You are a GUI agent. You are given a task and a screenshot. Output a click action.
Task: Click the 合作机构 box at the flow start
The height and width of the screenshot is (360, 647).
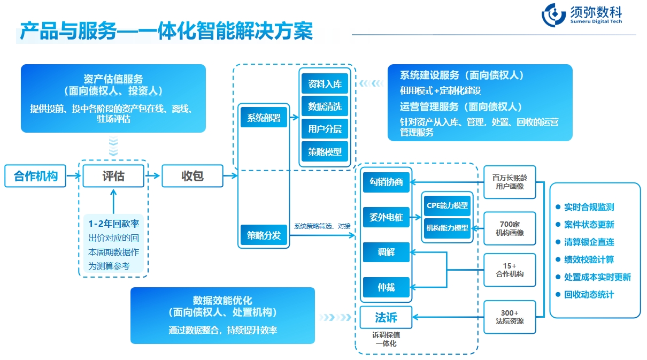coord(35,175)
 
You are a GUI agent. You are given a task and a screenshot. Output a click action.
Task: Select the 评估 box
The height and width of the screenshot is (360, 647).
coord(113,175)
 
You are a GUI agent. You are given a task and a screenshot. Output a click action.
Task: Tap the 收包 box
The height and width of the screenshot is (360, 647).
coord(192,175)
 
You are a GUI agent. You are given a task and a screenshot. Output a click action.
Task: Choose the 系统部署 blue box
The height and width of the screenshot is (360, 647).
coord(264,118)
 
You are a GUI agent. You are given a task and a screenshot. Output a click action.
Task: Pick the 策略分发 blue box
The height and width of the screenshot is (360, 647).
coord(264,234)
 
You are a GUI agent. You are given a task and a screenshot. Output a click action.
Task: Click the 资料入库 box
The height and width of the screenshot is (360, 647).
coord(325,84)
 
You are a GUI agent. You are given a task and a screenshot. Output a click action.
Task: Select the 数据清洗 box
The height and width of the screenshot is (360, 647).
coord(325,106)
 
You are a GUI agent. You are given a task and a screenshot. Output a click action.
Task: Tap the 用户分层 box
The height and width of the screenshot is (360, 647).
coord(325,129)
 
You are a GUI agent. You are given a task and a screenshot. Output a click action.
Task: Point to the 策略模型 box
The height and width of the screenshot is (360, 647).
coord(325,151)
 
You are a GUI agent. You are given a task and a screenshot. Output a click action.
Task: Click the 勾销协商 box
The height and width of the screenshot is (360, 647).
coord(386,182)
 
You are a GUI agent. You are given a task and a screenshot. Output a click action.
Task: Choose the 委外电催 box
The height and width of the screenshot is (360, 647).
coord(386,217)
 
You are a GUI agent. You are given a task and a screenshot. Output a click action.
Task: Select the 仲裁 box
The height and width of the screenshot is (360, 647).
coord(386,287)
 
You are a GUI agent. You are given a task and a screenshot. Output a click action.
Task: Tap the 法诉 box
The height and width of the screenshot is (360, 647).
coord(386,318)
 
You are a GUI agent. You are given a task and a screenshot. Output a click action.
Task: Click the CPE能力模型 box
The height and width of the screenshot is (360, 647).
coord(447,205)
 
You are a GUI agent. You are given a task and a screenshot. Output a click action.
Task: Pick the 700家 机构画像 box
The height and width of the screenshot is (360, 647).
coord(510,228)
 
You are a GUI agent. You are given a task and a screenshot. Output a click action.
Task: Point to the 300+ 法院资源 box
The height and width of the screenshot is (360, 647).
coord(510,317)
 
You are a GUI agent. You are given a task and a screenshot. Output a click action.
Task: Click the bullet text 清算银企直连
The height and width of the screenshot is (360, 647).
coord(589,242)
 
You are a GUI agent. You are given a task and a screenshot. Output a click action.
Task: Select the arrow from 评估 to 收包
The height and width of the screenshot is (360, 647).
coord(153,175)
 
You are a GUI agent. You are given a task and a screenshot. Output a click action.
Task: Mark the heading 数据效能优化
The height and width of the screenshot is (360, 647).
coord(222,300)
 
